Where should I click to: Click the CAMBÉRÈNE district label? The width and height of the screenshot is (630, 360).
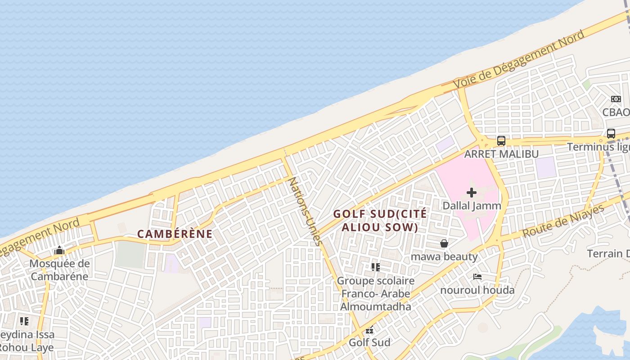click(175, 234)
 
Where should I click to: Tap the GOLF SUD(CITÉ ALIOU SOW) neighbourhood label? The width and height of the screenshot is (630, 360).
click(380, 220)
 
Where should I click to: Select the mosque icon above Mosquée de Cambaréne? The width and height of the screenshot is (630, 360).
click(59, 251)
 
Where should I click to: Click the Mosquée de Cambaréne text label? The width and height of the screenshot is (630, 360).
click(59, 270)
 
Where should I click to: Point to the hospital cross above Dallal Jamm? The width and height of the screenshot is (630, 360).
click(472, 193)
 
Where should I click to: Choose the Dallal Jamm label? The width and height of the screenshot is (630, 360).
click(472, 206)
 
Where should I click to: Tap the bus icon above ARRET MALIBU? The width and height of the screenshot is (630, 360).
click(501, 141)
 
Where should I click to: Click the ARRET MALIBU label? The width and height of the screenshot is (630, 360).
click(501, 154)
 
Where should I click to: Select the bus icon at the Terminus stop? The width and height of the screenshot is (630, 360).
click(611, 134)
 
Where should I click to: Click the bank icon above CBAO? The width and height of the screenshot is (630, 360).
click(616, 99)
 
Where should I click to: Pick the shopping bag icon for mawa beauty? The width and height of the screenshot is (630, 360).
click(444, 243)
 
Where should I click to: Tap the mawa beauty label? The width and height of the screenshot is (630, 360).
click(444, 256)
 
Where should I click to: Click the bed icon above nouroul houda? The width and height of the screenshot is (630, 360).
click(477, 277)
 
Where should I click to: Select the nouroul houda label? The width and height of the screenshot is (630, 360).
click(477, 290)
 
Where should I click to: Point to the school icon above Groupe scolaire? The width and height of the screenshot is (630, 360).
click(376, 267)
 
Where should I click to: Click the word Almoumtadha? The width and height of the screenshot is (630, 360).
click(376, 307)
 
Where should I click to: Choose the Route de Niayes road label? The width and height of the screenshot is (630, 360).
click(563, 221)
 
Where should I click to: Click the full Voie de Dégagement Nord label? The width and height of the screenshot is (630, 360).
click(519, 59)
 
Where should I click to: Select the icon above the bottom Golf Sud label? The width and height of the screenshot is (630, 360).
click(369, 330)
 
